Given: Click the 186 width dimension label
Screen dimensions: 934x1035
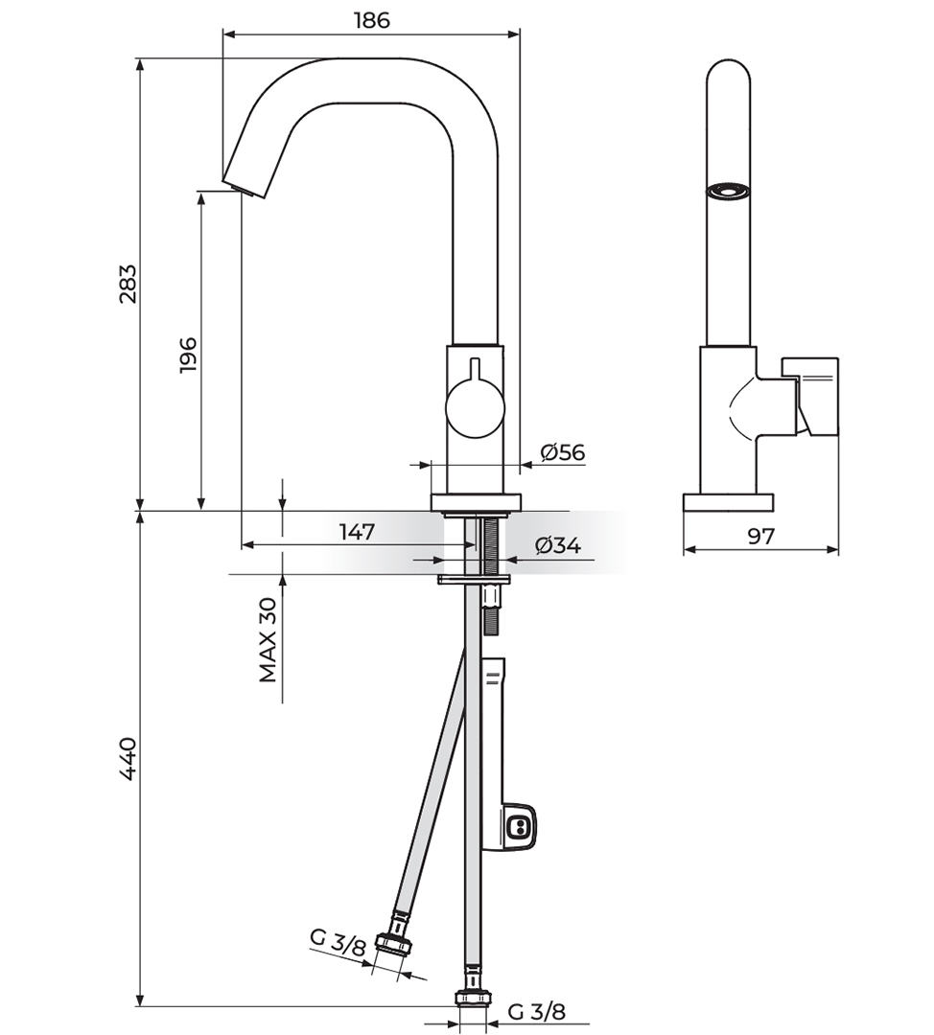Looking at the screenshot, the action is click(x=372, y=20).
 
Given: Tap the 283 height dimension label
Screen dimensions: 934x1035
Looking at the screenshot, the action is click(x=128, y=283).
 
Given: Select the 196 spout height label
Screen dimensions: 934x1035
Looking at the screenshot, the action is click(x=188, y=355).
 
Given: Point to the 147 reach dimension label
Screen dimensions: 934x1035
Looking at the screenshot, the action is click(x=358, y=531).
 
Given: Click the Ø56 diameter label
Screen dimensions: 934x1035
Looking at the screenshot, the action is click(x=563, y=452).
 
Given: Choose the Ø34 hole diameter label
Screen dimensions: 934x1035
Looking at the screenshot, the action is click(x=558, y=546).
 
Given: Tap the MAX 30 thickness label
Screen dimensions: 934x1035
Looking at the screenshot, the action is click(x=268, y=639).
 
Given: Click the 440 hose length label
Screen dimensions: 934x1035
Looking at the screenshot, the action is click(x=128, y=758).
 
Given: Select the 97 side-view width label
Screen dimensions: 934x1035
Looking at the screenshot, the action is click(x=761, y=536).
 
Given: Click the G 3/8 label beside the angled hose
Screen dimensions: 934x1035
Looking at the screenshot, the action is click(x=338, y=943).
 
